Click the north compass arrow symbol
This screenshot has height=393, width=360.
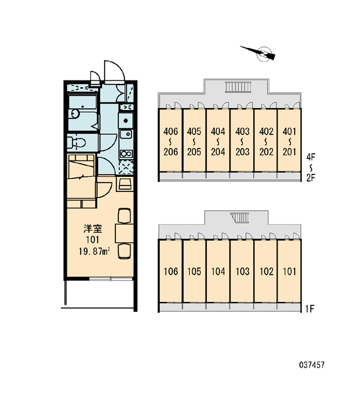[x=261, y=53]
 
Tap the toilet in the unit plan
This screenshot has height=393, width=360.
[x=76, y=143]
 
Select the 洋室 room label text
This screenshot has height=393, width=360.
[x=93, y=229]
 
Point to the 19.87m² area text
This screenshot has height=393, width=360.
[x=95, y=251]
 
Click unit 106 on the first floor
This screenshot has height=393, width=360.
[x=171, y=271]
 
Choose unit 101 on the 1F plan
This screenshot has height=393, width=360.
[x=289, y=271]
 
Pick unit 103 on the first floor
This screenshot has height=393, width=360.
[x=242, y=271]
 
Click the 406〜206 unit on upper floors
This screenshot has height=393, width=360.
[x=171, y=141]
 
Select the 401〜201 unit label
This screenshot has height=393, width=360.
[x=289, y=141]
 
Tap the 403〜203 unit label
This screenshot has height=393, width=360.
[x=242, y=141]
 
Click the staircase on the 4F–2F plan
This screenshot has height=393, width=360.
[x=238, y=87]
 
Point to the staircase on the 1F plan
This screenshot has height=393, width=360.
[x=240, y=217]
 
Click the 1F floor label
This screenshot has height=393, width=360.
[x=310, y=309]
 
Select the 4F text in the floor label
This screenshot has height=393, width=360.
[x=311, y=157]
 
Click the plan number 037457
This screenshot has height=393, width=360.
[x=312, y=365]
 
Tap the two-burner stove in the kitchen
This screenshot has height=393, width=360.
[x=126, y=154]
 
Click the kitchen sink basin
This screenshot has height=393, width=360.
[x=126, y=134]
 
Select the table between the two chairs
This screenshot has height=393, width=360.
[x=124, y=233]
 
